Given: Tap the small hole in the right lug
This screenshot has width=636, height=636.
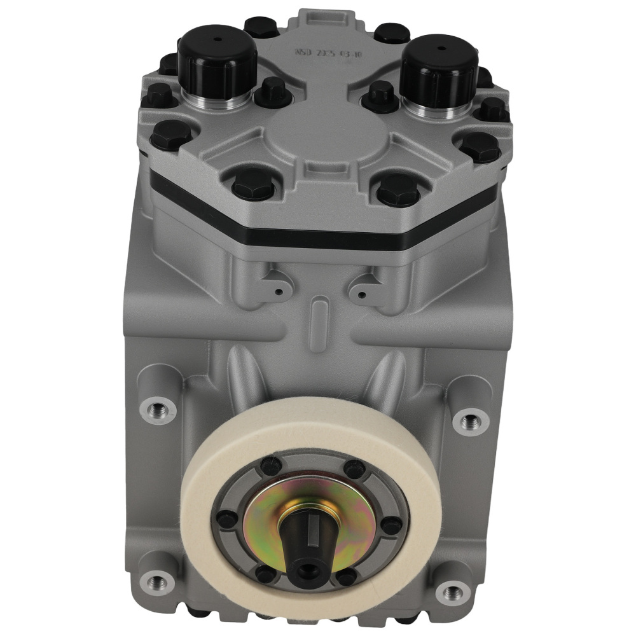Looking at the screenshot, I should point(361,294).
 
